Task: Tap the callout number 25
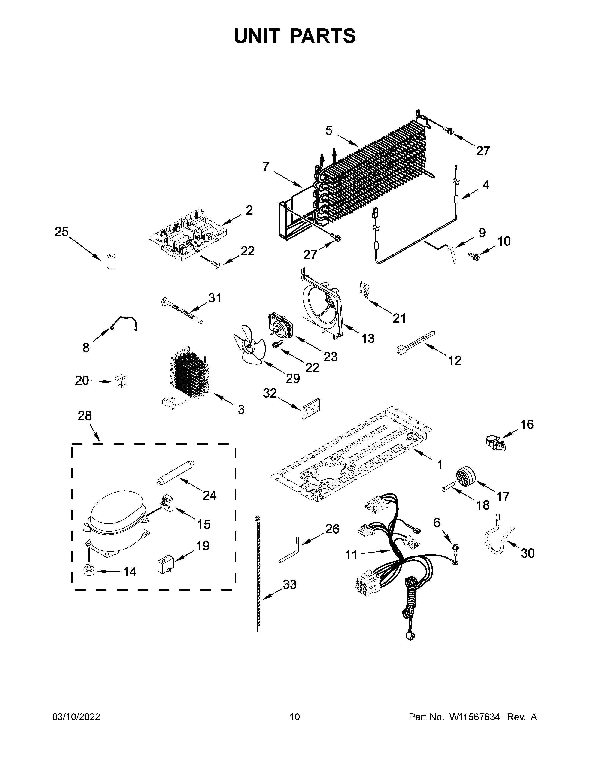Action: coord(62,232)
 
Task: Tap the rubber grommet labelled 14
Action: coord(89,571)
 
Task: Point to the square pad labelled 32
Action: coord(312,408)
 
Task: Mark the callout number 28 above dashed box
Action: coord(85,416)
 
